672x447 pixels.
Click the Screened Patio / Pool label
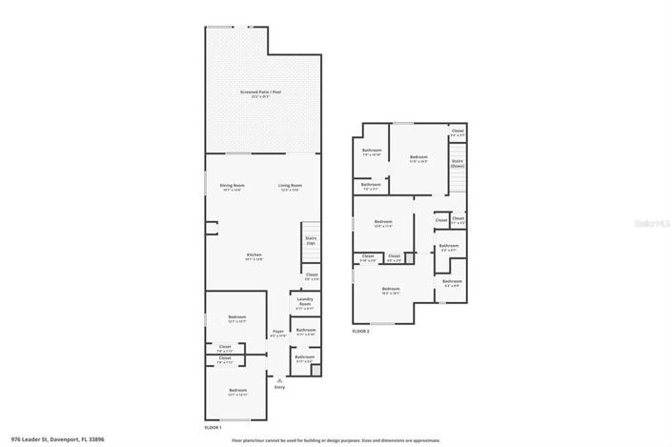[x=266, y=93]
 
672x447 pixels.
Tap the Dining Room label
[x=233, y=186]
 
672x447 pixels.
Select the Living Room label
[x=290, y=186]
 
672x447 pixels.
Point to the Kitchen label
[x=255, y=255]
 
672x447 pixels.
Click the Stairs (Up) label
[x=311, y=240]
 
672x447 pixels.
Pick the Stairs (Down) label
[x=458, y=163]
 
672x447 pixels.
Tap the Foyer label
[x=278, y=333]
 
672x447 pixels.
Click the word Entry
[x=279, y=387]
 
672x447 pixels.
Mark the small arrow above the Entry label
[x=279, y=379]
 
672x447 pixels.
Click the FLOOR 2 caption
[x=360, y=331]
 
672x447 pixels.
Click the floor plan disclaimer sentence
[x=336, y=439]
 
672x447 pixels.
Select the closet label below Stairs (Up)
[x=311, y=276]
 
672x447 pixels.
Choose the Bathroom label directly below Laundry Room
[x=305, y=332]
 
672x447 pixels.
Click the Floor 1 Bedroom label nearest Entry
[x=237, y=391]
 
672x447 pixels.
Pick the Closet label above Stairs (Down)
[x=458, y=132]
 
